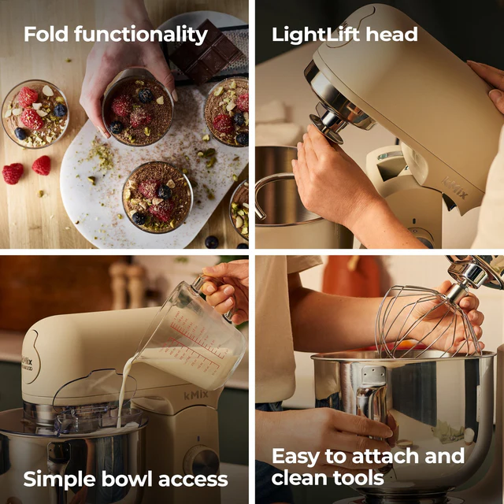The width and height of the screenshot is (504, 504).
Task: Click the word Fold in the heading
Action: pos(46,34)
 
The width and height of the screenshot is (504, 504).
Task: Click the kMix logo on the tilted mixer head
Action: pos(454,189)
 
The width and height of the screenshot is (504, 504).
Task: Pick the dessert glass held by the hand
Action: pos(138,107)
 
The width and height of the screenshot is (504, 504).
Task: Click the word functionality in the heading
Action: pos(141,35)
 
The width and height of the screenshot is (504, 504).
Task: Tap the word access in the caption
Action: pos(193,480)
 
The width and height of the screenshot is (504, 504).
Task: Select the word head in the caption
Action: pos(391,34)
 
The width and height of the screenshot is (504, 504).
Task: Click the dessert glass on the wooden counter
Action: pos(35,113)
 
